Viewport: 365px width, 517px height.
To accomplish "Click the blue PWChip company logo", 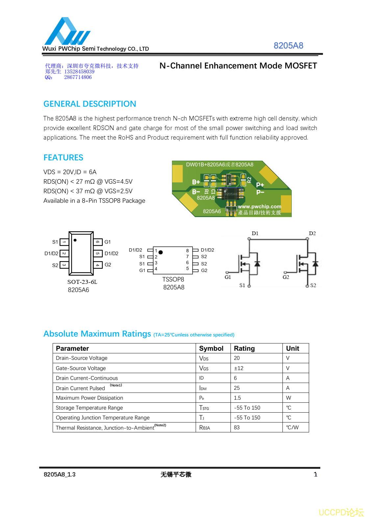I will (x=67, y=32).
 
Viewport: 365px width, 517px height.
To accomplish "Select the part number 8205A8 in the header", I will (x=288, y=46).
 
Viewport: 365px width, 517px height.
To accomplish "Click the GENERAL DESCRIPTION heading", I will (x=90, y=104).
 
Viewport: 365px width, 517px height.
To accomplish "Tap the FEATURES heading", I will (x=63, y=158).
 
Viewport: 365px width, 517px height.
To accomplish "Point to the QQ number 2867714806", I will (x=78, y=77).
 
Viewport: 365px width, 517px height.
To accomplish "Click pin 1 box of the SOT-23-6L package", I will (x=64, y=242).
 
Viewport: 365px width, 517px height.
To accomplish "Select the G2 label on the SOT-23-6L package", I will (x=108, y=265).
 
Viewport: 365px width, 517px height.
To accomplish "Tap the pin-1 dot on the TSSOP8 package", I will (x=160, y=252).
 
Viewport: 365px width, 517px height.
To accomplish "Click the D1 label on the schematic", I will (x=255, y=233).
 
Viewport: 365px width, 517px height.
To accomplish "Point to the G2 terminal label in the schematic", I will (x=286, y=277).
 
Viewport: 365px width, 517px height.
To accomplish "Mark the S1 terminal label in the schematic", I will (x=242, y=286).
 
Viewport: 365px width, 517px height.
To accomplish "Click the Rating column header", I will (x=244, y=348).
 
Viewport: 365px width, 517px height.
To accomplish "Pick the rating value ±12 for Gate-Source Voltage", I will (x=239, y=368).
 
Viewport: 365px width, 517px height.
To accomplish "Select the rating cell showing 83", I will (x=237, y=427).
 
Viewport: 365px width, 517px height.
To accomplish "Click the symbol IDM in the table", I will (x=203, y=388).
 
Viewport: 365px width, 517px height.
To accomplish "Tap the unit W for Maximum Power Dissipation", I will (x=288, y=398).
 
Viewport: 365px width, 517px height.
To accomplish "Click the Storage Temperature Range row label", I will (x=89, y=408).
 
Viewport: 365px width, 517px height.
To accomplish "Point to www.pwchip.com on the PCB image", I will (x=259, y=206).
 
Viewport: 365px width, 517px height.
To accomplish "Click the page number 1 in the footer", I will (x=315, y=475).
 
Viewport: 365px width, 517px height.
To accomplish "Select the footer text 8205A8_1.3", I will (x=60, y=475).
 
